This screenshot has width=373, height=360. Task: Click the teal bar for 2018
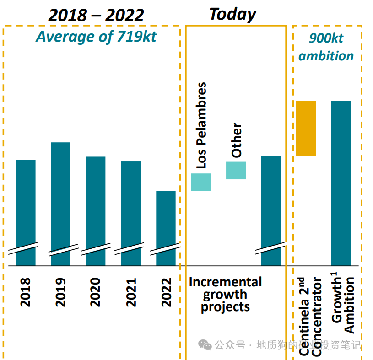26,210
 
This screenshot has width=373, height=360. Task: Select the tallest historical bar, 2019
61,201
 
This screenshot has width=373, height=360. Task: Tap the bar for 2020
96,208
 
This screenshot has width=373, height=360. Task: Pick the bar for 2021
131,210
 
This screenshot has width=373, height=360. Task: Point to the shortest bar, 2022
166,226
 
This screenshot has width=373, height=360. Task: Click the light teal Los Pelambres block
201,182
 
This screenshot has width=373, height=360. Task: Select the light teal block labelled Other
236,170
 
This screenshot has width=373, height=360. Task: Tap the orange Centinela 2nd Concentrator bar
306,128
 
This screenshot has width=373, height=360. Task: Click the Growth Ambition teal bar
341,183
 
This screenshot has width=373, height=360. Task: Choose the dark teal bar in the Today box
271,208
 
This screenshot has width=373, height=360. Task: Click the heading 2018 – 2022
96,15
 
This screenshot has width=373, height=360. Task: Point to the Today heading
233,14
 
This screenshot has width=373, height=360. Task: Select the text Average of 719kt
96,37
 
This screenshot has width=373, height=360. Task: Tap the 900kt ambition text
326,47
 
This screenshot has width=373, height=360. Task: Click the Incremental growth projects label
225,294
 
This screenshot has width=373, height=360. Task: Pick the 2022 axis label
166,292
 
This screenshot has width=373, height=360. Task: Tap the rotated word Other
236,140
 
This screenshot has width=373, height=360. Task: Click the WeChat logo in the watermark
205,344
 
